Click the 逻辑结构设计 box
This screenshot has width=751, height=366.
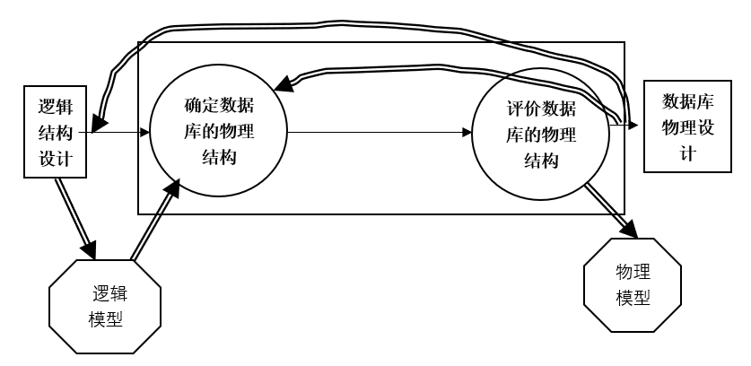(x=57, y=132)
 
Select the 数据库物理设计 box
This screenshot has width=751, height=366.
(x=687, y=126)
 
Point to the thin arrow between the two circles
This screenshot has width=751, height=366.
(x=377, y=133)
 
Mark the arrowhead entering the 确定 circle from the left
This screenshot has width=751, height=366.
(x=144, y=133)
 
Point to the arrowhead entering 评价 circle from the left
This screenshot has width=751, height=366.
(x=467, y=133)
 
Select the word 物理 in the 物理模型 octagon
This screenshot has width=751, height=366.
(x=633, y=270)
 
